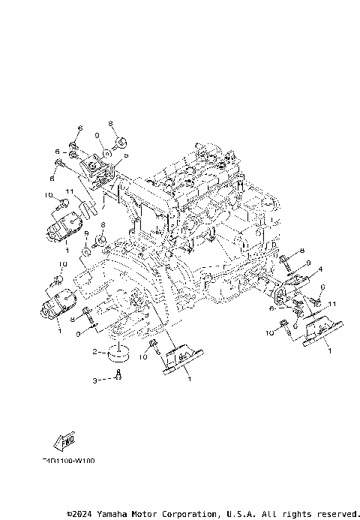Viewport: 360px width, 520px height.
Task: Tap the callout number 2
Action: click(x=95, y=351)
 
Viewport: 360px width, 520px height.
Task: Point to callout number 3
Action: click(x=95, y=380)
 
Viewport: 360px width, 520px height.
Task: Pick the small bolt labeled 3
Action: click(x=118, y=377)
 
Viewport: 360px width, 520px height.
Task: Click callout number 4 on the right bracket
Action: click(x=321, y=268)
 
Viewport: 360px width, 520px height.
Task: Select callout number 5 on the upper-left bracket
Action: click(x=126, y=155)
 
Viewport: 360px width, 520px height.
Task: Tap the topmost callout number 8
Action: click(x=109, y=122)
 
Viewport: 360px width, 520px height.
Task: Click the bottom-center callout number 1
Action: click(x=187, y=380)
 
